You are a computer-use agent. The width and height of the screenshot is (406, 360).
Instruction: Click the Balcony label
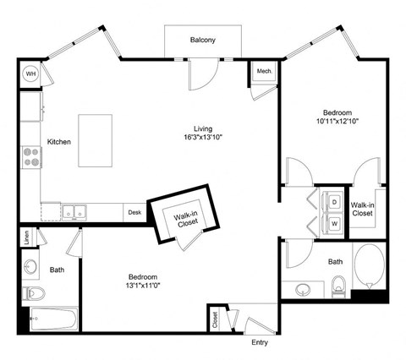pyautogui.click(x=202, y=40)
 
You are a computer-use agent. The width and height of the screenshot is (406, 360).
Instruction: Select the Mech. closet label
pyautogui.click(x=263, y=73)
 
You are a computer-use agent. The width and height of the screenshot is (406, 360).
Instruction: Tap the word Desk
pyautogui.click(x=134, y=213)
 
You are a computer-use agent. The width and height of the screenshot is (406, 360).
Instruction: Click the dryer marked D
pyautogui.click(x=334, y=203)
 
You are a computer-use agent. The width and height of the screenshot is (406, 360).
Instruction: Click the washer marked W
pyautogui.click(x=334, y=223)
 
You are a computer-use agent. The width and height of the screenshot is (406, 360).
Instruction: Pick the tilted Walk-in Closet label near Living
pyautogui.click(x=185, y=218)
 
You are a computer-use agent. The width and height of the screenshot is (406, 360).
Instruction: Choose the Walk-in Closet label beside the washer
pyautogui.click(x=364, y=210)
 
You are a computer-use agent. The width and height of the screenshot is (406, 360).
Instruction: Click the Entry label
pyautogui.click(x=260, y=342)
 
